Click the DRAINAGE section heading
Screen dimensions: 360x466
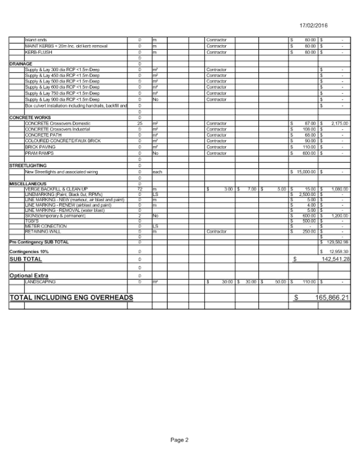pos(21,64)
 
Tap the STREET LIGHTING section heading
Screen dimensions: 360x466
pos(28,166)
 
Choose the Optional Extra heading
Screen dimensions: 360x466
pos(29,275)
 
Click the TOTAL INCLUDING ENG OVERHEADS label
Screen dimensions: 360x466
pos(72,298)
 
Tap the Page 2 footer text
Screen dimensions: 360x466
pos(179,440)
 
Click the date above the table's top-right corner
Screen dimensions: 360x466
pos(314,26)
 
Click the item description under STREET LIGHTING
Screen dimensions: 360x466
pos(62,172)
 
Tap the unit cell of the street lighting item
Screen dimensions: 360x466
pos(157,172)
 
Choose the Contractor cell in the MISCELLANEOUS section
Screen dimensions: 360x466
pos(216,232)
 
